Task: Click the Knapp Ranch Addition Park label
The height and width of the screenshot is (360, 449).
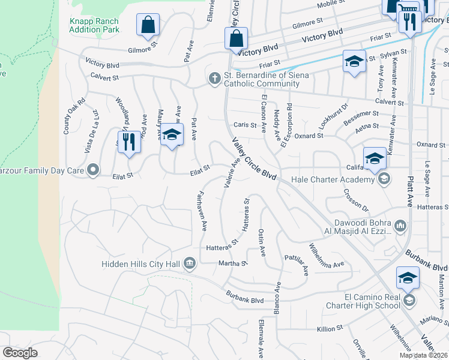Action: point(94,25)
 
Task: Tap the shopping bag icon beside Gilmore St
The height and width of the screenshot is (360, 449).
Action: point(147,25)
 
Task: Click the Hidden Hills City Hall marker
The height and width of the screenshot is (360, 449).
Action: point(190,262)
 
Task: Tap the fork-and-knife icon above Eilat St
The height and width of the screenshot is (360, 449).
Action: point(128,142)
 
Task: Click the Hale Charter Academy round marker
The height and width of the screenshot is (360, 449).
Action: point(384,179)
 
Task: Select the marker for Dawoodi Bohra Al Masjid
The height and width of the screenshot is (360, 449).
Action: point(400,226)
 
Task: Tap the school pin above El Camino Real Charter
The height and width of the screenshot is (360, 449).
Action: point(406,278)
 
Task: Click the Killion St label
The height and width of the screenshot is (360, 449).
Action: point(330,328)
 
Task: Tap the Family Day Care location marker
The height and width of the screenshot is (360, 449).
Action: point(92,171)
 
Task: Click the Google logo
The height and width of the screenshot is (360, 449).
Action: point(20,353)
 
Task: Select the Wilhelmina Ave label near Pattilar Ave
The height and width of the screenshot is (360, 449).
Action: point(327,256)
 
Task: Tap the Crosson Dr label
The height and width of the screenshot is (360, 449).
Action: point(355,200)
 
